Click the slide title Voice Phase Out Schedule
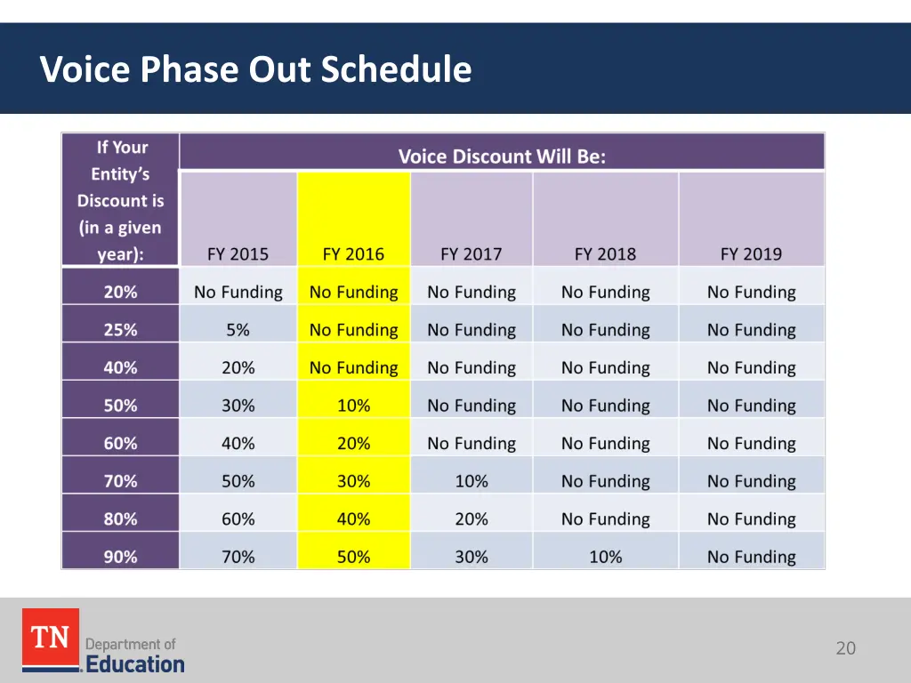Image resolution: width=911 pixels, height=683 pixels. [x=255, y=69]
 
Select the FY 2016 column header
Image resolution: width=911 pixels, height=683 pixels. [x=353, y=253]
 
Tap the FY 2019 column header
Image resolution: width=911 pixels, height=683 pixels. [x=751, y=253]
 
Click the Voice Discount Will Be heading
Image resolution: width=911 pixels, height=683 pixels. [x=502, y=157]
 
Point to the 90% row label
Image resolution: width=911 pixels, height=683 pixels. [x=120, y=557]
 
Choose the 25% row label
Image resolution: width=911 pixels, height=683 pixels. [x=120, y=330]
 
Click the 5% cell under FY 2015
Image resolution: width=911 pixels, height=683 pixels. [x=238, y=330]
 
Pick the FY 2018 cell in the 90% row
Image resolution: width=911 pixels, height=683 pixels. [x=605, y=557]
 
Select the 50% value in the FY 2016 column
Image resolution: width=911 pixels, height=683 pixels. [x=353, y=557]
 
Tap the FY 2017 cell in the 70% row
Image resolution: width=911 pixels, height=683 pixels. [x=472, y=481]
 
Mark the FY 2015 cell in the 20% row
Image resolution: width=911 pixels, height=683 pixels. [x=238, y=292]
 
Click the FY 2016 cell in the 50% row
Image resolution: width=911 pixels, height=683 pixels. [x=353, y=406]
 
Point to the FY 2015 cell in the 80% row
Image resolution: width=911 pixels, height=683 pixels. [x=238, y=519]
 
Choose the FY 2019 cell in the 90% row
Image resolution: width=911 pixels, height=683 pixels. [x=751, y=557]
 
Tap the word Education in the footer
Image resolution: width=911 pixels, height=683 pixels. [x=135, y=663]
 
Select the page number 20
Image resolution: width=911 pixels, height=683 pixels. [x=845, y=648]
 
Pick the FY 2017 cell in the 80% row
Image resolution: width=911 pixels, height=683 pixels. [x=472, y=519]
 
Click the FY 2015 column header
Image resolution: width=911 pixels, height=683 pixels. [x=238, y=253]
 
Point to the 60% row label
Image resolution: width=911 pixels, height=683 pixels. [x=120, y=444]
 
